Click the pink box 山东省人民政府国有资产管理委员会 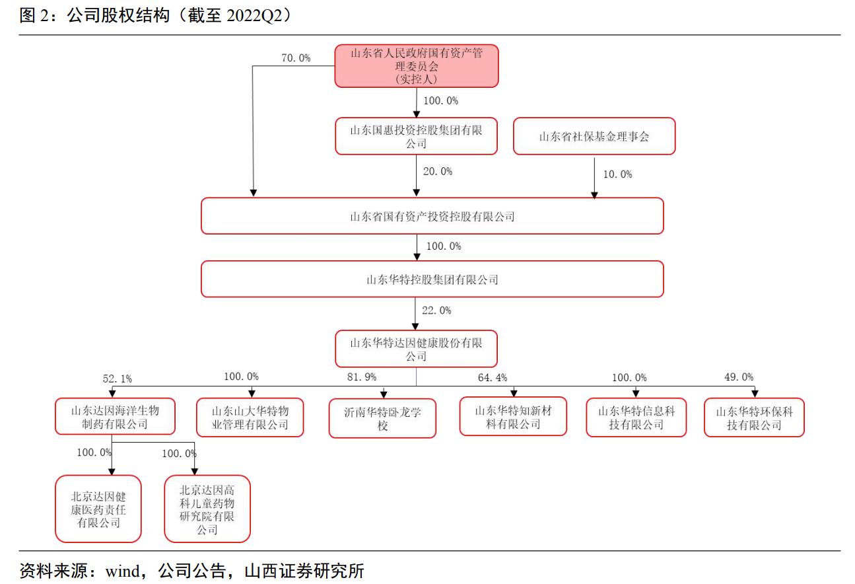417,66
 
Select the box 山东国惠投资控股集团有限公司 416,137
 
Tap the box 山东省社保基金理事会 594,137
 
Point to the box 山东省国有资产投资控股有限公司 432,216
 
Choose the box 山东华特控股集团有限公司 432,279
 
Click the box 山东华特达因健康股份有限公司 416,349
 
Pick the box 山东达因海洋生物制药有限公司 115,417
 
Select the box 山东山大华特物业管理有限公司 250,418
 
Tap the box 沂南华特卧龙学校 382,418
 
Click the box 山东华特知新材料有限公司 513,417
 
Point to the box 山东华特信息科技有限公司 636,418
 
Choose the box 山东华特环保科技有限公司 754,418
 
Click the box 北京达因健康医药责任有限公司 98,509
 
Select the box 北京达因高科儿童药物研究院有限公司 207,509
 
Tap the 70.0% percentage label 296,58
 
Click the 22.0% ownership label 436,310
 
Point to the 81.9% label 362,377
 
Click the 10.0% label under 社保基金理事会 617,174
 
